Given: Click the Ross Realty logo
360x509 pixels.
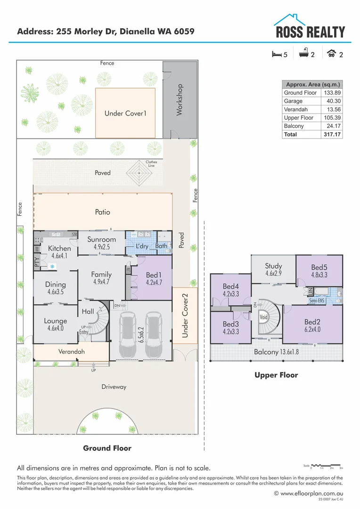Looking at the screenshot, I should click(x=310, y=27).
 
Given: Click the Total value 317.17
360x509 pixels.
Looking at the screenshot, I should click(x=332, y=134).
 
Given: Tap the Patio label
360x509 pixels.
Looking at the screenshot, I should click(x=102, y=212).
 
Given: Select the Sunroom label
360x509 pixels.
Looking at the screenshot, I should click(x=102, y=239).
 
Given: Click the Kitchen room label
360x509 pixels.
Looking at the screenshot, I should click(x=59, y=248).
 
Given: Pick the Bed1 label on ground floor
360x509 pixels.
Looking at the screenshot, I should click(x=154, y=275).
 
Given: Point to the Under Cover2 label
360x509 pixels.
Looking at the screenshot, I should click(x=185, y=315).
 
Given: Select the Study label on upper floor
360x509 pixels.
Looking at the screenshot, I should click(x=273, y=266).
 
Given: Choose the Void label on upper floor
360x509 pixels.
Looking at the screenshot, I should click(x=264, y=317).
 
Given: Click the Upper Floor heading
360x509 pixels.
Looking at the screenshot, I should click(x=276, y=375).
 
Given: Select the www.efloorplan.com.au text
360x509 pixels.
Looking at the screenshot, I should click(x=311, y=493).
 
